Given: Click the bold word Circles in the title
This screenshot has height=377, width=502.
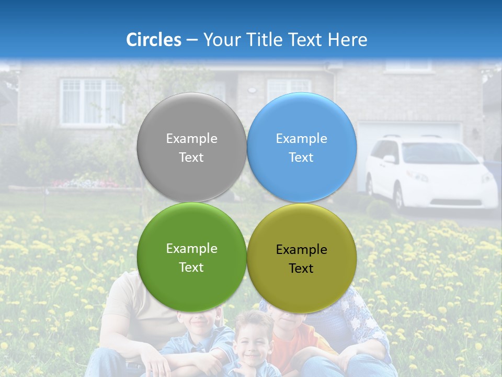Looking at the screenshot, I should coord(153,40).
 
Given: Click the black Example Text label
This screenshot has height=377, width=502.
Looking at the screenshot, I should coord(301,259).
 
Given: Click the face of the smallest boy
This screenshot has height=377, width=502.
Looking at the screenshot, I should coord(253,340).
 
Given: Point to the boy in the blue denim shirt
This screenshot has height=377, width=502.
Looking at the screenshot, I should coord(196,340).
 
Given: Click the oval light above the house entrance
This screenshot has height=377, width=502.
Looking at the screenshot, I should coord(252,90).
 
